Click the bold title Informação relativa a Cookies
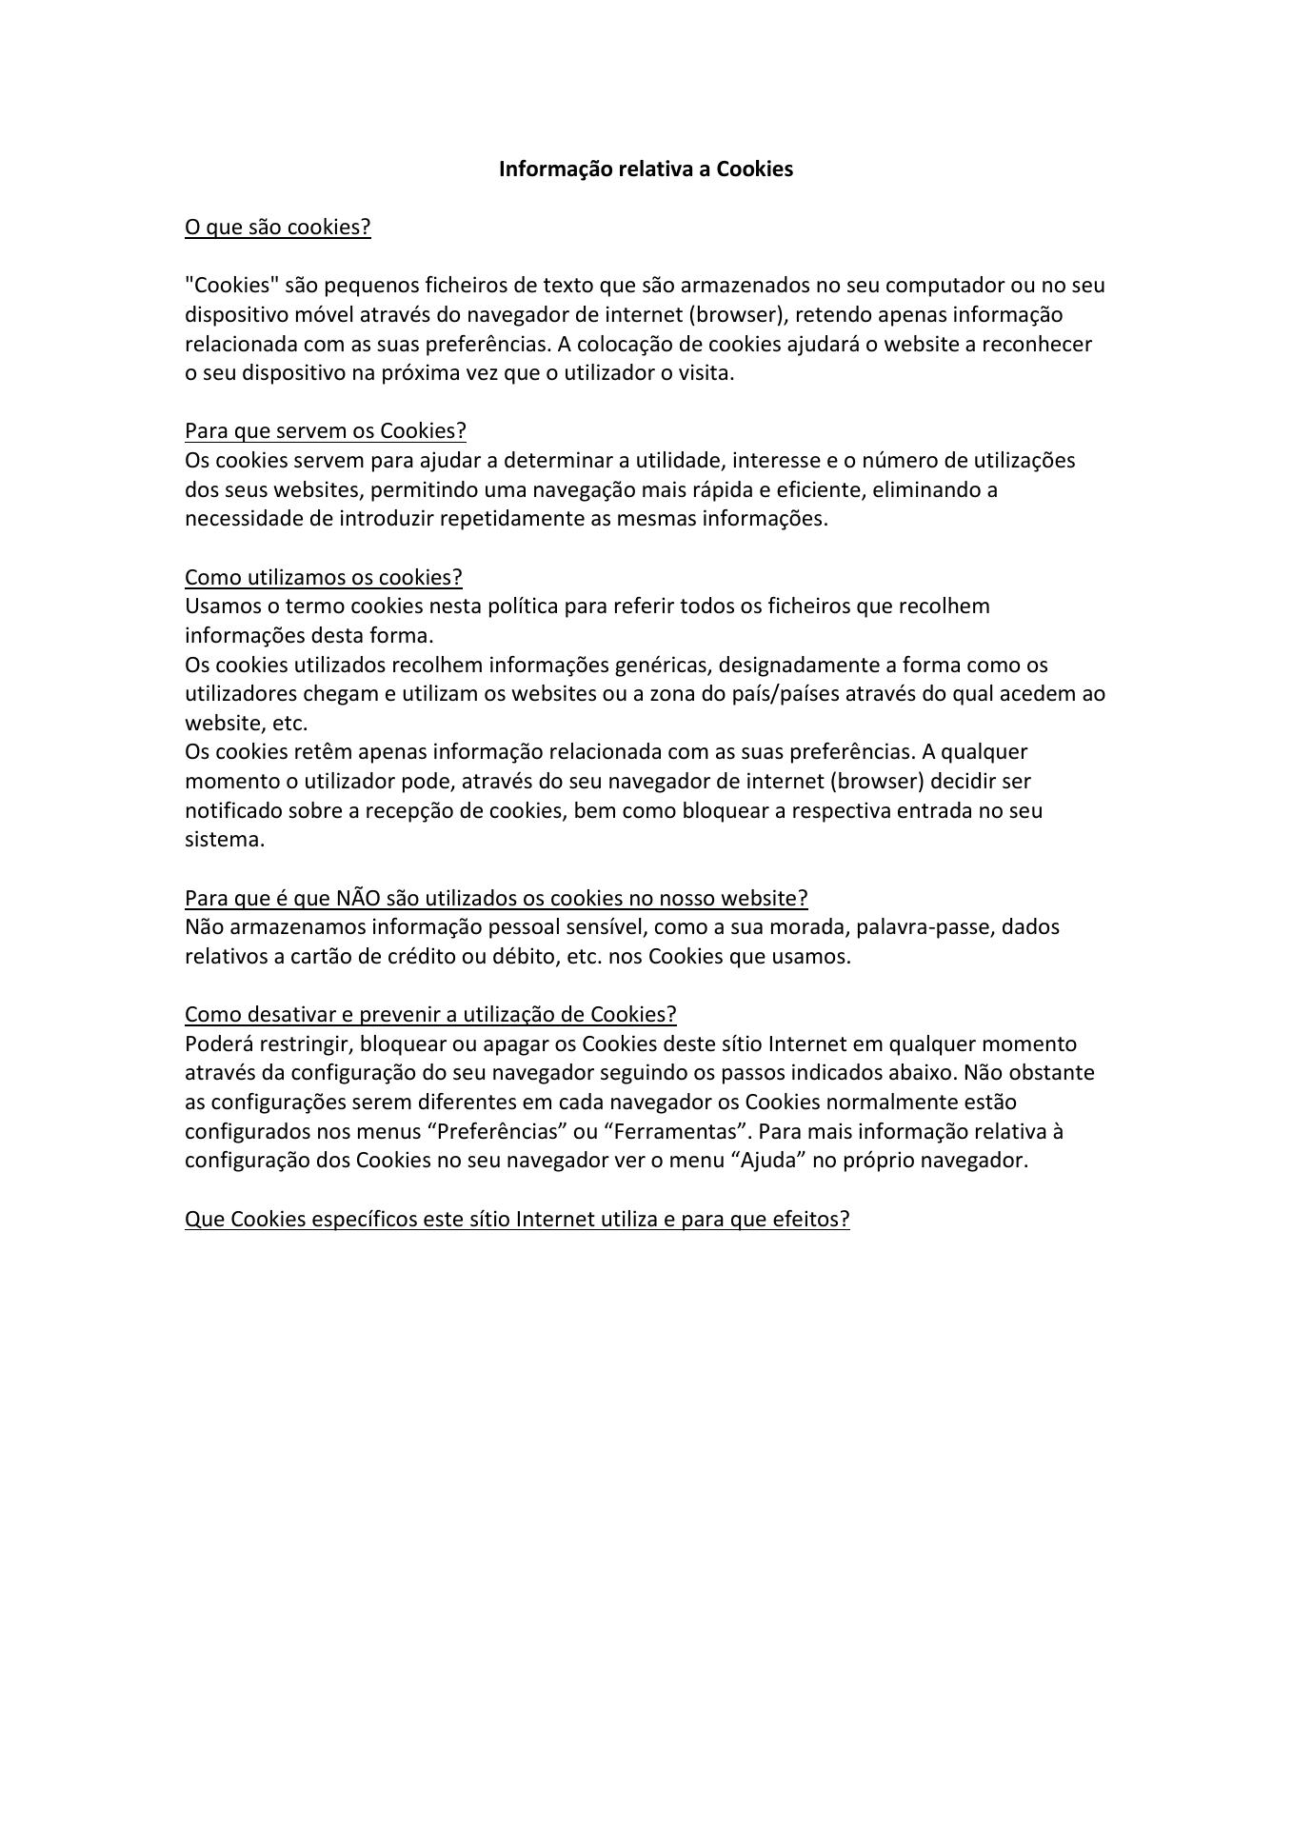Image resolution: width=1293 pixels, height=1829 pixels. [x=646, y=169]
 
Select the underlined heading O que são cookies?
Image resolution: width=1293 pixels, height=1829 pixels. [x=277, y=228]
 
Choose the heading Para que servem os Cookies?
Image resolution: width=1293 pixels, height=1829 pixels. [x=325, y=431]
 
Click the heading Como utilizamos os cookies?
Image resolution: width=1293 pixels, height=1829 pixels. [x=323, y=578]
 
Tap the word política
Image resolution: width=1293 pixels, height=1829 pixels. [x=523, y=606]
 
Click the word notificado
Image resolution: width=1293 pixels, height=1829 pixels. [x=233, y=811]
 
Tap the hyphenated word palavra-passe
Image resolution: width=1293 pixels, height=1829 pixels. [x=925, y=927]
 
